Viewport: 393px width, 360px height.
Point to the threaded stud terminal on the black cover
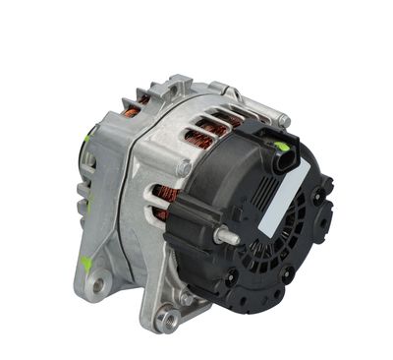tap(226, 235)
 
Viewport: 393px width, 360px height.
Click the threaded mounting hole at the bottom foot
tap(169, 319)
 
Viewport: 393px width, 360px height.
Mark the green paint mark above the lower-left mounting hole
tap(87, 264)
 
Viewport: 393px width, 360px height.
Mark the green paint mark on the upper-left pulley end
tap(85, 138)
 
